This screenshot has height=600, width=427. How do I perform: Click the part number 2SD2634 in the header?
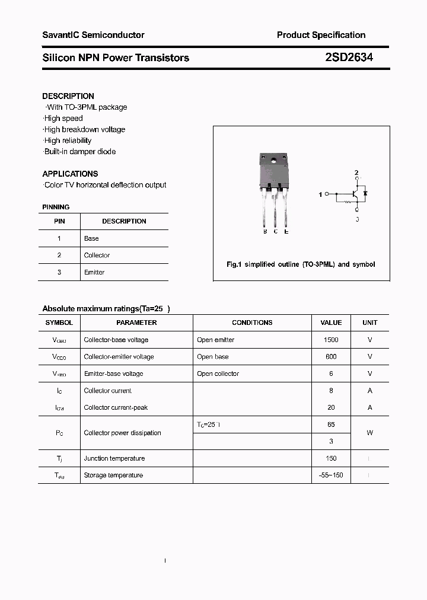[349, 58]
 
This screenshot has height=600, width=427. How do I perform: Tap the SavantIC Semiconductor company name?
[93, 35]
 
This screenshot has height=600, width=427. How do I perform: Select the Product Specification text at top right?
[321, 35]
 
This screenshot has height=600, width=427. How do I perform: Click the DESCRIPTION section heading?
[68, 96]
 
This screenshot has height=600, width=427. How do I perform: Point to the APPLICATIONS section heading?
[70, 174]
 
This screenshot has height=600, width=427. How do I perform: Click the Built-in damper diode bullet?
[79, 152]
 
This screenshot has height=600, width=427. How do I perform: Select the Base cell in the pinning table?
[91, 238]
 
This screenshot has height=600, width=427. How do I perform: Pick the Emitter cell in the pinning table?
[94, 272]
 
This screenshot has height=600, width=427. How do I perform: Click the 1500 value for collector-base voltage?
[331, 340]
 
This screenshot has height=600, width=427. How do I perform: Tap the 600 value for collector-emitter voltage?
[331, 357]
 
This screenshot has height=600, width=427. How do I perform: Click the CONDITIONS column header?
[252, 323]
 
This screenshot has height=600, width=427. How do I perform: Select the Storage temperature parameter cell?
[113, 475]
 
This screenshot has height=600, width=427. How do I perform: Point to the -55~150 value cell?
[331, 475]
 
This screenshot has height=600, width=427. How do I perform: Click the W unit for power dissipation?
[369, 433]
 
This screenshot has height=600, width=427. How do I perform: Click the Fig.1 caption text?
[301, 264]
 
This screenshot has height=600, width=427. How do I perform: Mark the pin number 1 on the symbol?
[321, 194]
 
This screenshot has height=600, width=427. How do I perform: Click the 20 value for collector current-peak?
[331, 407]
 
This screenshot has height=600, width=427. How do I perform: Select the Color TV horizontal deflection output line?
[105, 185]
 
